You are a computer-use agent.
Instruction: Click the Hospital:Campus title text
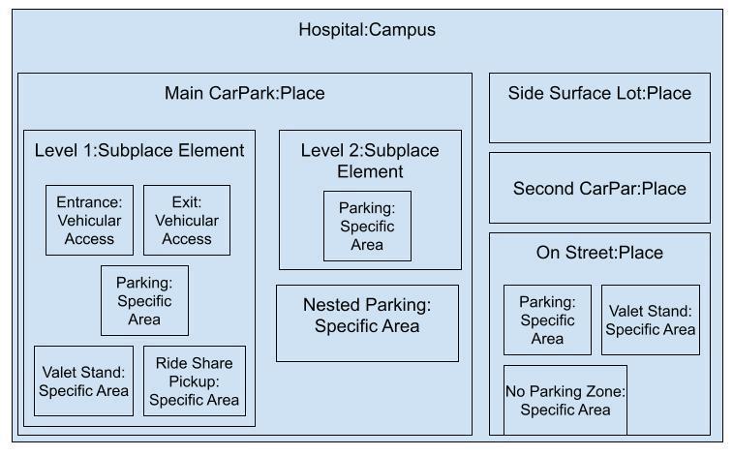click(366, 29)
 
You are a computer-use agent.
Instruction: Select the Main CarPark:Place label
click(244, 94)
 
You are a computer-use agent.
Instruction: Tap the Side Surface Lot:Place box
click(599, 107)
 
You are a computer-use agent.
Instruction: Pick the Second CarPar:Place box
click(599, 188)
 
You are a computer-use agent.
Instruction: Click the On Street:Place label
click(599, 253)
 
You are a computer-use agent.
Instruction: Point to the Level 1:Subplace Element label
click(139, 150)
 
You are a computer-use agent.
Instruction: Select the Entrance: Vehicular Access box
click(89, 220)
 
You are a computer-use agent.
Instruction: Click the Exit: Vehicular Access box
click(187, 220)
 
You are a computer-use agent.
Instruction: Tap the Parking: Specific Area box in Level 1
click(144, 300)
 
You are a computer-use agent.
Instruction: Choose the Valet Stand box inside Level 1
click(83, 380)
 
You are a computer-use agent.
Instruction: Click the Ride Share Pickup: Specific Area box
click(194, 380)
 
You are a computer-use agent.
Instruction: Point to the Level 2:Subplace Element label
click(369, 161)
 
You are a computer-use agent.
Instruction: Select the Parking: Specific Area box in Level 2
click(367, 226)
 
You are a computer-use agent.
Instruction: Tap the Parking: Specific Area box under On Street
click(547, 319)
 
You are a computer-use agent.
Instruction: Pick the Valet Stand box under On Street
click(650, 319)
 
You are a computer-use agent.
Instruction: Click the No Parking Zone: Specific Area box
click(565, 400)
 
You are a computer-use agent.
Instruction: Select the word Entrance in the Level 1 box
click(89, 203)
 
